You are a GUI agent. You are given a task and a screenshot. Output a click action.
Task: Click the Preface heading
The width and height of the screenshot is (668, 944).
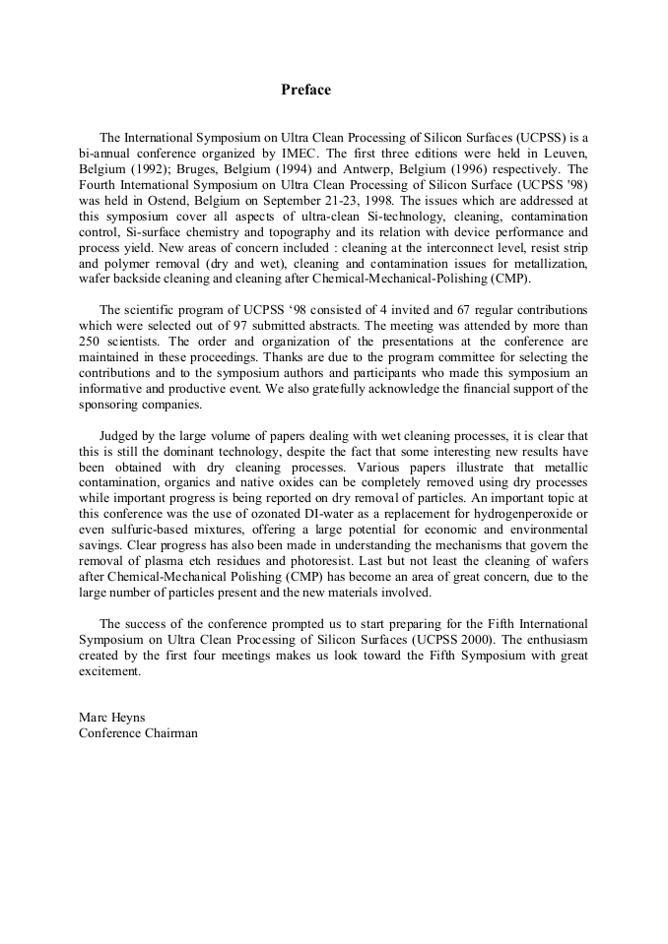click(305, 90)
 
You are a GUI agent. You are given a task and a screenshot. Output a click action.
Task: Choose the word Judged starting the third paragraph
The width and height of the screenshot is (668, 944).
click(120, 435)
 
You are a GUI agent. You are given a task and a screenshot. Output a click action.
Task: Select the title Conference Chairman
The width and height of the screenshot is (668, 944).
click(138, 732)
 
